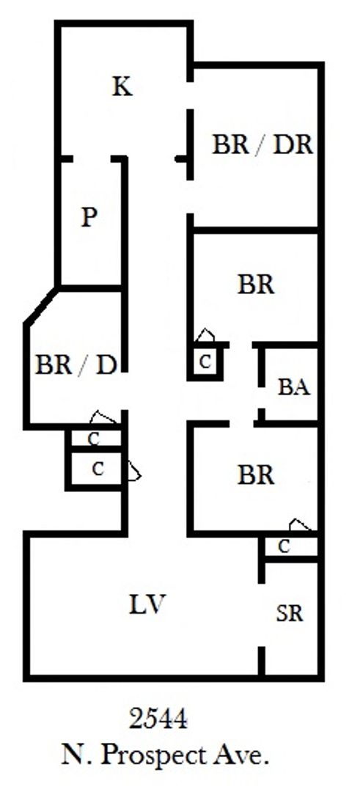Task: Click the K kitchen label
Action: [122, 87]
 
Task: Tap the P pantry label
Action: [89, 217]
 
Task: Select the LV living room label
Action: [147, 604]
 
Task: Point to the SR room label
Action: [290, 613]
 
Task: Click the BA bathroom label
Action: [294, 388]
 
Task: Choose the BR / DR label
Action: [262, 145]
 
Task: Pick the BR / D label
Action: [76, 364]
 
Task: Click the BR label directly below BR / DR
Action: [256, 285]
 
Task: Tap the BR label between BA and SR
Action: [256, 474]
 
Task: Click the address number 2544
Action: [158, 719]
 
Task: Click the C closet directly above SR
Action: [284, 546]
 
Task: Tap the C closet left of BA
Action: [205, 362]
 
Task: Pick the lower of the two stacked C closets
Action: [98, 469]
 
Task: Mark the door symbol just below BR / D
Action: [103, 418]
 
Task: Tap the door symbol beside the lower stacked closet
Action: [134, 471]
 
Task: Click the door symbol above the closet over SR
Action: [300, 525]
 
